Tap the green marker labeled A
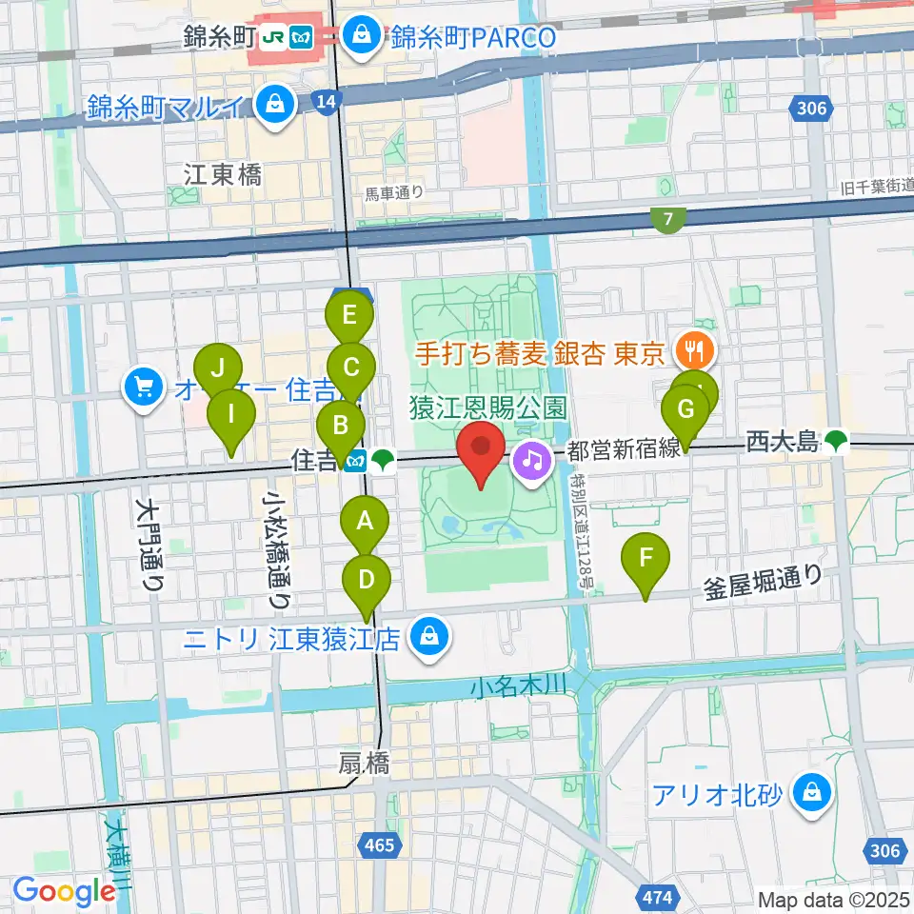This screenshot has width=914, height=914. click(364, 521)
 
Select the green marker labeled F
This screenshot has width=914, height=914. click(646, 556)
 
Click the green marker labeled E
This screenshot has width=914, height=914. click(349, 314)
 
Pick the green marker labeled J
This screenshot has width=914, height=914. click(219, 367)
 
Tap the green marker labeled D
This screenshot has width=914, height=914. click(367, 578)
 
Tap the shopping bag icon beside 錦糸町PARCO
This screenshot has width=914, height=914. click(362, 37)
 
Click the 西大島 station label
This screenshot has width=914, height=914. click(783, 441)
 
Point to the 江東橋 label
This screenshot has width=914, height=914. click(223, 174)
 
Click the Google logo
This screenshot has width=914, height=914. click(65, 891)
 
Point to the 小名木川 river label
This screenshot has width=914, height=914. click(520, 685)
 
